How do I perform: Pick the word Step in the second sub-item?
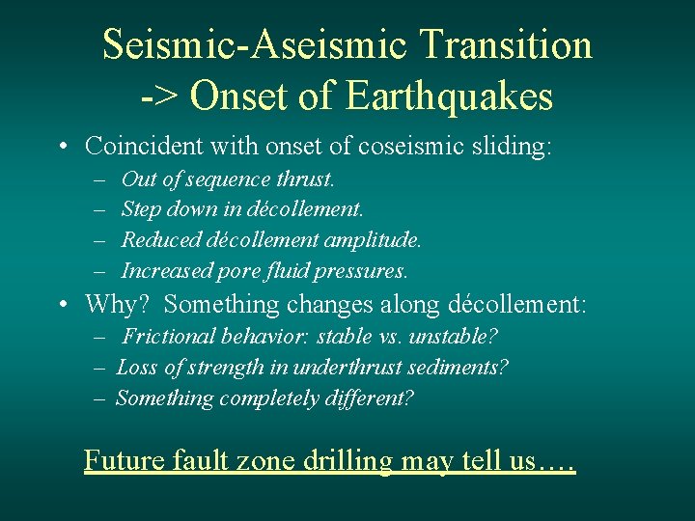141,209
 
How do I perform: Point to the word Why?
117,305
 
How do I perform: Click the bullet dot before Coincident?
62,148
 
